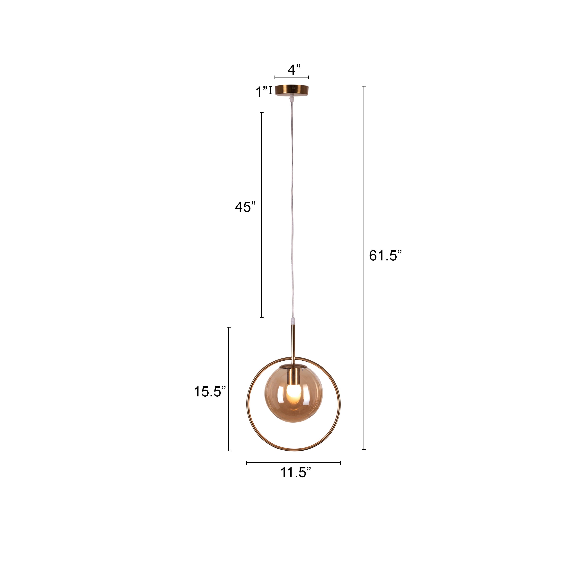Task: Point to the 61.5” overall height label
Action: click(x=385, y=256)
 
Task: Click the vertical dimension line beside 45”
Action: click(x=262, y=215)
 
